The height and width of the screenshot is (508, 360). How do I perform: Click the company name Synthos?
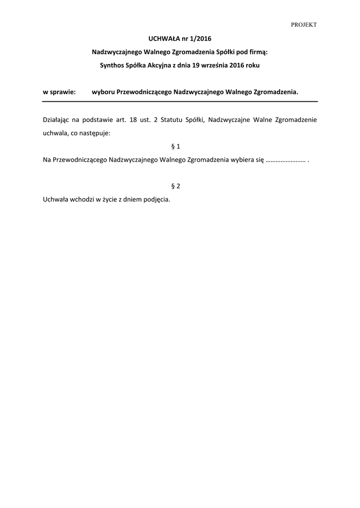pos(112,65)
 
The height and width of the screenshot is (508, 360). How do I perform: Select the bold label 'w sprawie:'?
pos(59,92)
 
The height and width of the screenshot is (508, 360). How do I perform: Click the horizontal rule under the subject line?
pos(180,101)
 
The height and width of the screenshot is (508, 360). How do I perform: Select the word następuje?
pos(95,133)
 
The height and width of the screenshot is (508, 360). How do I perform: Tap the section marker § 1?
pos(175,146)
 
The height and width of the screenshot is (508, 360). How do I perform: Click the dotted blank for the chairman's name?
pos(285,160)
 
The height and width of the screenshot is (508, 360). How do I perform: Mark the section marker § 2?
pos(175,186)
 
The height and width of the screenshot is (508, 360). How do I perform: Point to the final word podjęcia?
pos(157,199)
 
